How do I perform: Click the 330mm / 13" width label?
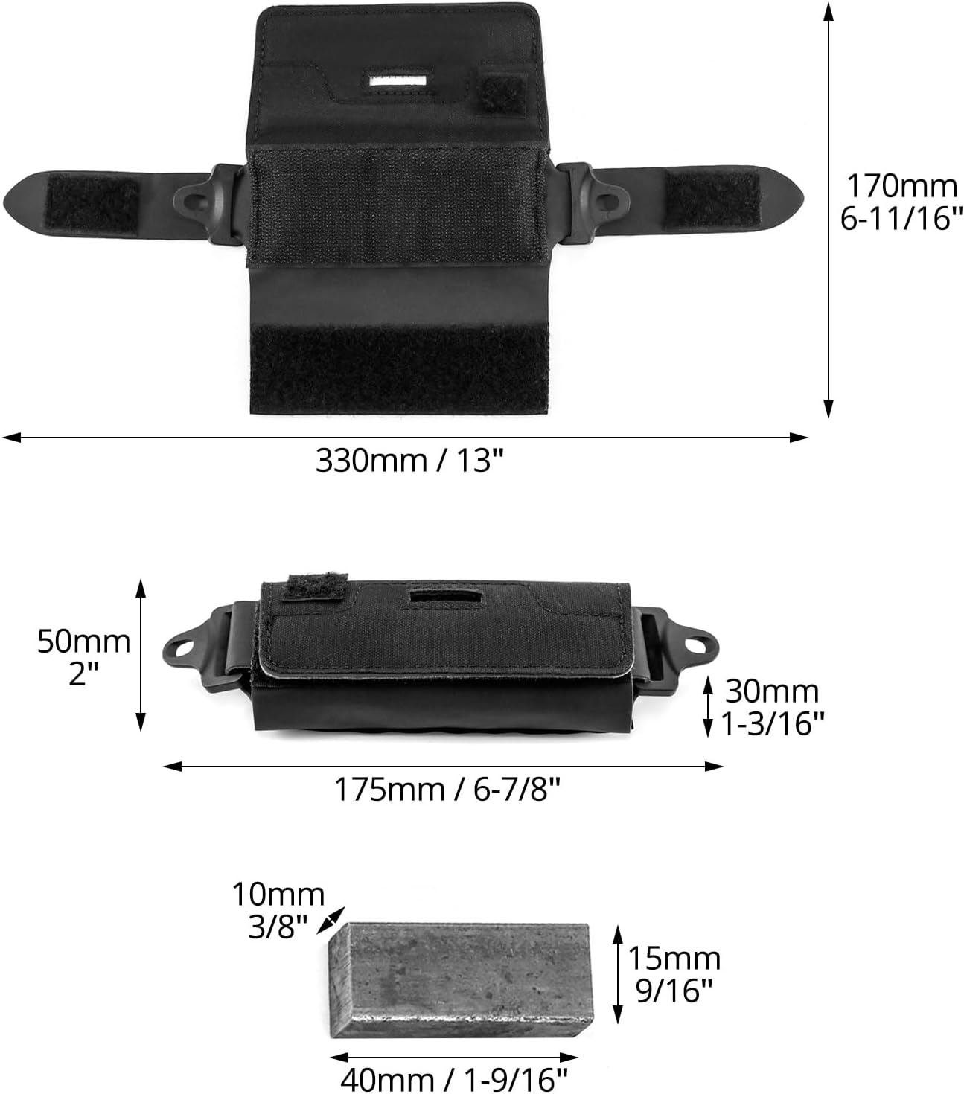point(409,461)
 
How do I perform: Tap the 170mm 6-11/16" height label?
point(901,202)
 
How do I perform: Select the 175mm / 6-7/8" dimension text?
point(447,790)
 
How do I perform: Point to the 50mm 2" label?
point(83,657)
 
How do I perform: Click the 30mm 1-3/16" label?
point(772,707)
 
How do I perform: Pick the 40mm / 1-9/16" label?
point(454,1079)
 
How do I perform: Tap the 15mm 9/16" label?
point(674,975)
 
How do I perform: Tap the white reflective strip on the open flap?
point(398,81)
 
